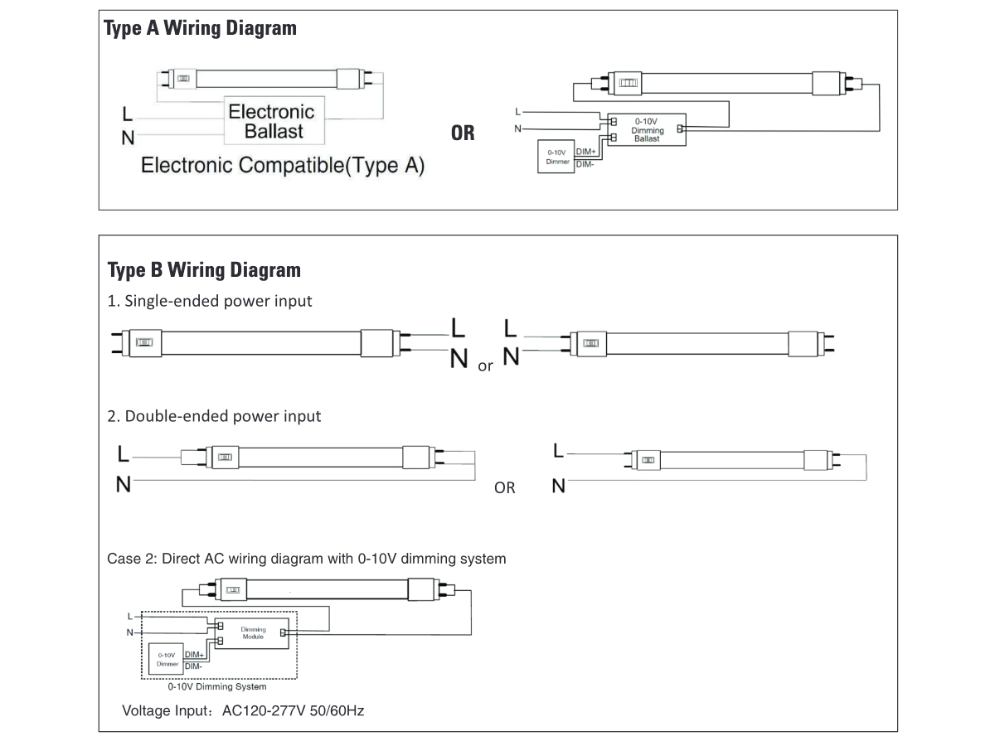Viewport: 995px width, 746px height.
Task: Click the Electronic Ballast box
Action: pos(271,121)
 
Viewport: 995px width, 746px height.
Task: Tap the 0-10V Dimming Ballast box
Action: pos(647,130)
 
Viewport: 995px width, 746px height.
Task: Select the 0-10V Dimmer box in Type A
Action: pos(556,157)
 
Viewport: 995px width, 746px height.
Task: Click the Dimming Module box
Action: pos(253,633)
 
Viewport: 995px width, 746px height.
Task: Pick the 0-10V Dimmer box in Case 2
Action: pos(167,659)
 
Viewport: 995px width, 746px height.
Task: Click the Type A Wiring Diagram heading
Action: pos(199,28)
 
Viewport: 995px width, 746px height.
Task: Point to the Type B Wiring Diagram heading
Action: pos(204,270)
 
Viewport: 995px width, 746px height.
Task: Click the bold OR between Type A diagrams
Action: pos(463,133)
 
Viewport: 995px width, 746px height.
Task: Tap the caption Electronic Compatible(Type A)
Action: pos(283,165)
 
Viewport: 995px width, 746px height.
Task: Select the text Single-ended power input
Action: pos(210,301)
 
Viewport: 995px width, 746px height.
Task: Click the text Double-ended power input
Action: pos(214,415)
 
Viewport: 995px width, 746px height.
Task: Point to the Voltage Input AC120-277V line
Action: pos(243,710)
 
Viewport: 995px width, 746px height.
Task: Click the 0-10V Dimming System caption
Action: pos(217,686)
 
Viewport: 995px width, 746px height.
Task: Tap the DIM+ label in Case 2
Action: pos(195,656)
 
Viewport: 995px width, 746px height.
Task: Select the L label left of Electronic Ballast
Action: pos(126,113)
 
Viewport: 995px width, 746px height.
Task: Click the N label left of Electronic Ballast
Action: pos(128,138)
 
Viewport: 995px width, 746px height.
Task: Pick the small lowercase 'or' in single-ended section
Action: pos(485,366)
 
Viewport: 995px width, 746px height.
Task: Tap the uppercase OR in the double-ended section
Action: pos(504,488)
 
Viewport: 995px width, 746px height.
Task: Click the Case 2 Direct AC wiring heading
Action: pos(306,559)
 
